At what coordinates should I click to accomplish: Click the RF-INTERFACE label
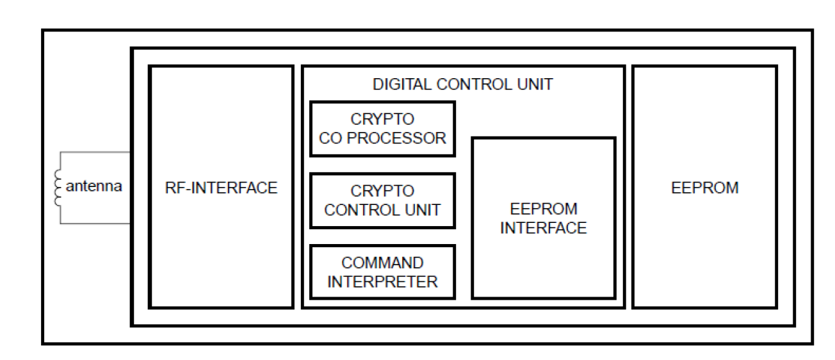(221, 188)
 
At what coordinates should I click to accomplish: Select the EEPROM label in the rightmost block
(704, 188)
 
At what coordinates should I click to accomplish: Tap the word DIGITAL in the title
(402, 85)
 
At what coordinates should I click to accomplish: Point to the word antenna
(93, 186)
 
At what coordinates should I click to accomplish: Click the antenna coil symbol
(58, 188)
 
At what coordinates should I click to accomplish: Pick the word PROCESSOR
(396, 138)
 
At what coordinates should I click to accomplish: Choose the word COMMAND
(382, 263)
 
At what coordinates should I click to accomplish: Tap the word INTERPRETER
(382, 282)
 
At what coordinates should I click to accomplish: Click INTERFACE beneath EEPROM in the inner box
(544, 228)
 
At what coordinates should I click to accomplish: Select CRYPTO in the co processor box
(382, 119)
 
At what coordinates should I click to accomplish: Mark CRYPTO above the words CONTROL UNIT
(382, 191)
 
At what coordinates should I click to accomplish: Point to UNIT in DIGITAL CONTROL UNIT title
(535, 85)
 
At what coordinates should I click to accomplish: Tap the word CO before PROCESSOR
(330, 138)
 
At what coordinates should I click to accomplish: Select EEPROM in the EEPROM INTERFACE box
(544, 209)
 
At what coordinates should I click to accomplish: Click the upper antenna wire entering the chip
(95, 152)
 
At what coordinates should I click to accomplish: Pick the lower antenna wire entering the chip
(95, 224)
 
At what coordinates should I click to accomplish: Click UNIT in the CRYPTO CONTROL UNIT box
(423, 210)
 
